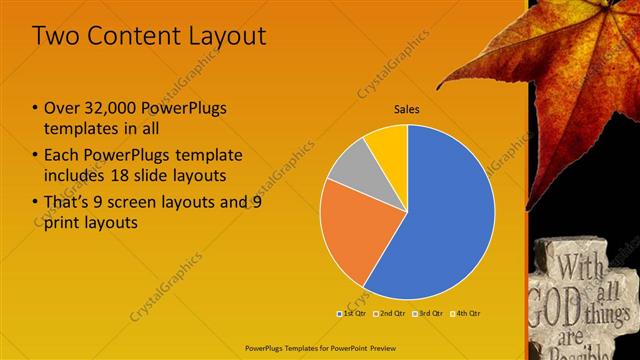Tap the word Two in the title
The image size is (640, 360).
click(x=55, y=37)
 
